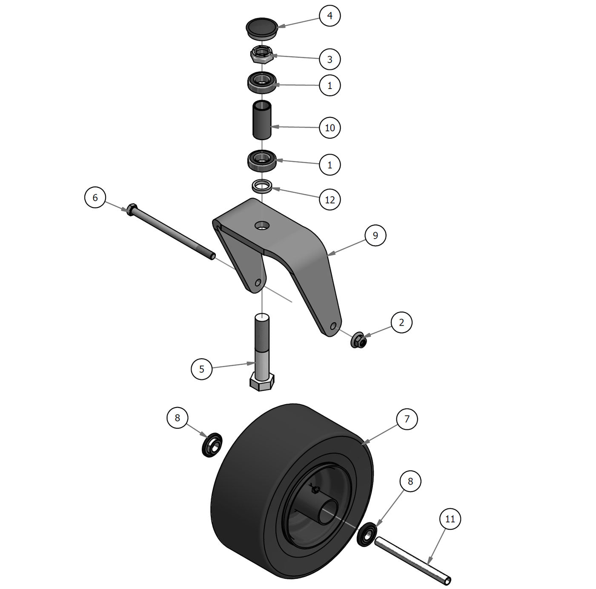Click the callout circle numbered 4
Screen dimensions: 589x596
pyautogui.click(x=330, y=16)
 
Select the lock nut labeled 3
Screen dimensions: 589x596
pyautogui.click(x=261, y=54)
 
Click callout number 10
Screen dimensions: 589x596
pyautogui.click(x=330, y=127)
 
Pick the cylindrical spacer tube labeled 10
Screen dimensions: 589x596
pyautogui.click(x=262, y=120)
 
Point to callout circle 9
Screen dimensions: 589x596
pyautogui.click(x=375, y=236)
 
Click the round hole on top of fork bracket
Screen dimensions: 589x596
pyautogui.click(x=263, y=224)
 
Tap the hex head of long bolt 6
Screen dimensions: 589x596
pyautogui.click(x=131, y=209)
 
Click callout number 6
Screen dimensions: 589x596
pyautogui.click(x=95, y=198)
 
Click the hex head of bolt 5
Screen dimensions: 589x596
pyautogui.click(x=261, y=382)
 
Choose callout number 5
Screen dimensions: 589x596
pyautogui.click(x=201, y=369)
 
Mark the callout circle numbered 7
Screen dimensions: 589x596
pyautogui.click(x=407, y=419)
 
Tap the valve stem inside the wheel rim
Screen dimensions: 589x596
pyautogui.click(x=315, y=489)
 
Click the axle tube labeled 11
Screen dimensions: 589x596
pyautogui.click(x=412, y=561)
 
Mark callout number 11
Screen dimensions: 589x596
pyautogui.click(x=450, y=519)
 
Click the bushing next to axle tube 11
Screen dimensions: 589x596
pyautogui.click(x=367, y=534)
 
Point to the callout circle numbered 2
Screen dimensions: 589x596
pyautogui.click(x=401, y=322)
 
